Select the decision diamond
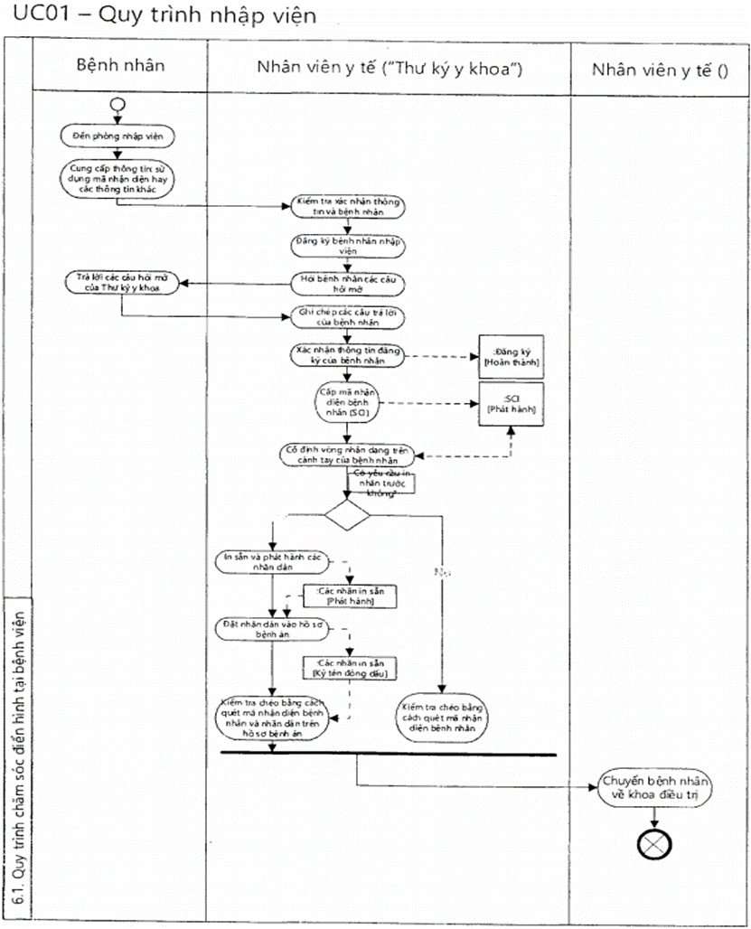[348, 517]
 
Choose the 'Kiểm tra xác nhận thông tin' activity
[348, 206]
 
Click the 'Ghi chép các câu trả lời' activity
[348, 317]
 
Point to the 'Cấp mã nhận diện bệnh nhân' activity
[348, 401]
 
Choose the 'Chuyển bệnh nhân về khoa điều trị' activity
[655, 785]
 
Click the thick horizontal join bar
[388, 753]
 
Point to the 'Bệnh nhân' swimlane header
[120, 67]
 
